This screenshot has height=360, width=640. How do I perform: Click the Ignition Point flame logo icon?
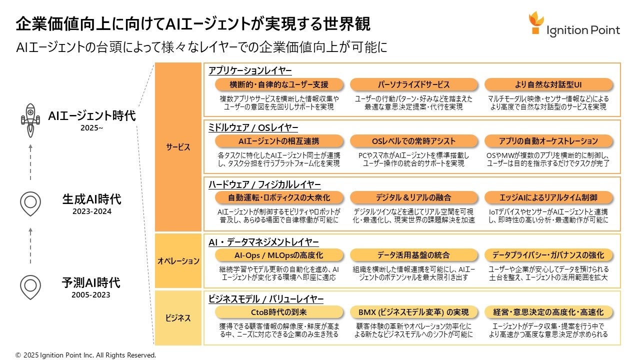(x=536, y=23)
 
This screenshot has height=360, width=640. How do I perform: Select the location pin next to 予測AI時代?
(x=30, y=286)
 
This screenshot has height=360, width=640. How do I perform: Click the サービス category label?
(x=178, y=147)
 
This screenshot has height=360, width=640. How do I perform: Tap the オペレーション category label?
(x=178, y=260)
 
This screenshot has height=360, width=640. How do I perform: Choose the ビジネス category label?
(x=178, y=317)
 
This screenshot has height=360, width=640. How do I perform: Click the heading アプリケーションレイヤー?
(x=250, y=70)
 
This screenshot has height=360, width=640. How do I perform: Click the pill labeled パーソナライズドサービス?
(x=413, y=84)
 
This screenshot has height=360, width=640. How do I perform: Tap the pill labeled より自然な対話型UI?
(x=548, y=84)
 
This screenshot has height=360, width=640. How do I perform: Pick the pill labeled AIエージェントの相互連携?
(x=278, y=141)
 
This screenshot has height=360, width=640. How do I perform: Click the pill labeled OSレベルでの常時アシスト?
(x=413, y=141)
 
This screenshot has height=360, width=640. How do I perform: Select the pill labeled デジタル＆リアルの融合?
(x=413, y=197)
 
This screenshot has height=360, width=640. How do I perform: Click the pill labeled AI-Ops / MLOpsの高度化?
(x=278, y=255)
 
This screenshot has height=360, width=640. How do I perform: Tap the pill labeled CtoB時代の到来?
(x=278, y=312)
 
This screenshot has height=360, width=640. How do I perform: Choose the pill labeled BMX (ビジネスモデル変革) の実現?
(x=413, y=312)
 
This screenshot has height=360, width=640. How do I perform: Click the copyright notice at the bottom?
(x=85, y=355)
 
